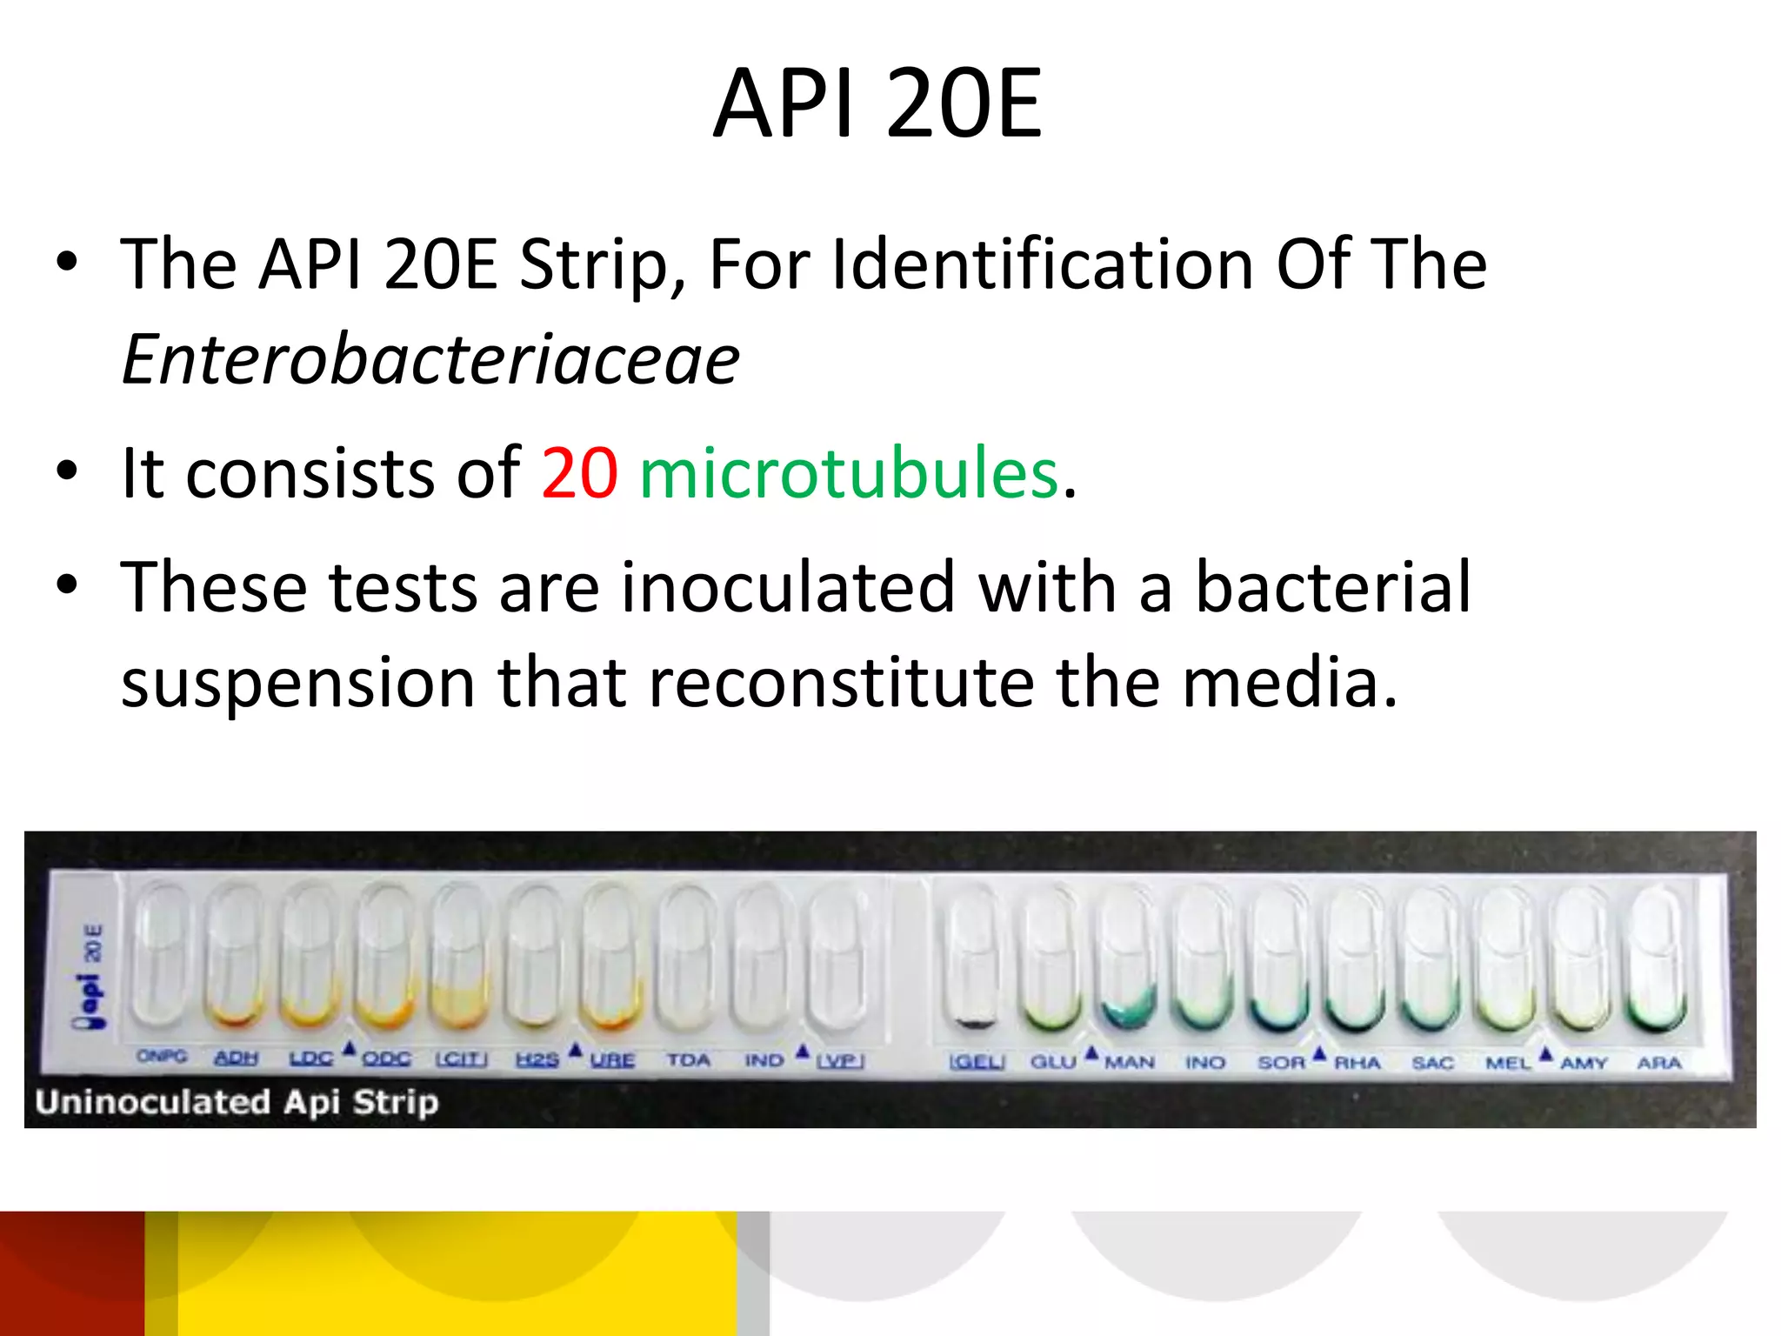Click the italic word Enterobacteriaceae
tap(430, 359)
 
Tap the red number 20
tap(579, 473)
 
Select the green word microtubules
tap(850, 473)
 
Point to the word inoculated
tap(787, 587)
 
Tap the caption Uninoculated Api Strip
tap(237, 1102)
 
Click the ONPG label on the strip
tap(162, 1056)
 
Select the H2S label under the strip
tap(537, 1059)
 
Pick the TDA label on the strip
tap(689, 1059)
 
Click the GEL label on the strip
tap(977, 1062)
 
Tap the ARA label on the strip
tap(1658, 1063)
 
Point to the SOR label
tap(1281, 1062)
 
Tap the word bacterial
tap(1333, 587)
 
